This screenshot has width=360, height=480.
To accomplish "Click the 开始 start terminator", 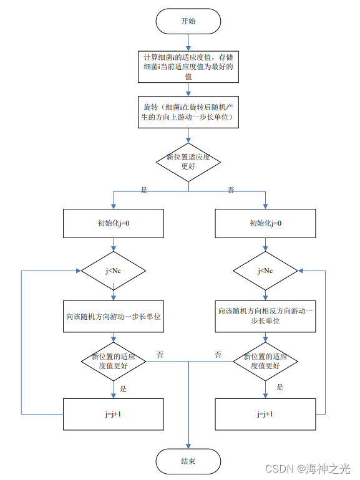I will click(x=188, y=21).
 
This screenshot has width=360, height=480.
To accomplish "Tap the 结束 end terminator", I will click(x=188, y=461).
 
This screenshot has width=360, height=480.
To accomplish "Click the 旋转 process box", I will click(x=188, y=112).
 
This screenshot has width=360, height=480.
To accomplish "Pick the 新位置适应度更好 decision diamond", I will click(x=188, y=162).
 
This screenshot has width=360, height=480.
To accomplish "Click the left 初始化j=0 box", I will click(x=114, y=223).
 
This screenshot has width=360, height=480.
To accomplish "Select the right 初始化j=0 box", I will click(x=265, y=223).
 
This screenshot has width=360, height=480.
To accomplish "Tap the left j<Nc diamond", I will click(x=114, y=271).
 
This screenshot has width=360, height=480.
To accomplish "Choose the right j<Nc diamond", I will click(x=265, y=271).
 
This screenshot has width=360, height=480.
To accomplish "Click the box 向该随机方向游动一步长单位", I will click(x=114, y=317).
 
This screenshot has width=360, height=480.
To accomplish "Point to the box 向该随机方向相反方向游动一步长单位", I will click(x=265, y=316).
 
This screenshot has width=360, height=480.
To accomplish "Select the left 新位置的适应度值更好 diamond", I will click(x=114, y=362).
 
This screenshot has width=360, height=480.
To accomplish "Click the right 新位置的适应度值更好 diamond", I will click(x=265, y=362).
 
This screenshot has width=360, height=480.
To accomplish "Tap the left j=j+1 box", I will click(x=114, y=414).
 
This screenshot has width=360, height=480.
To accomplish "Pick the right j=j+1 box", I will click(x=265, y=414).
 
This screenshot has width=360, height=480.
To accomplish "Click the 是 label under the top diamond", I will click(x=144, y=191).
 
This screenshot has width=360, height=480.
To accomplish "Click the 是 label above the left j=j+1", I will click(x=123, y=388).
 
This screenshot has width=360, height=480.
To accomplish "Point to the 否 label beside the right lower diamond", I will click(x=218, y=355).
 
